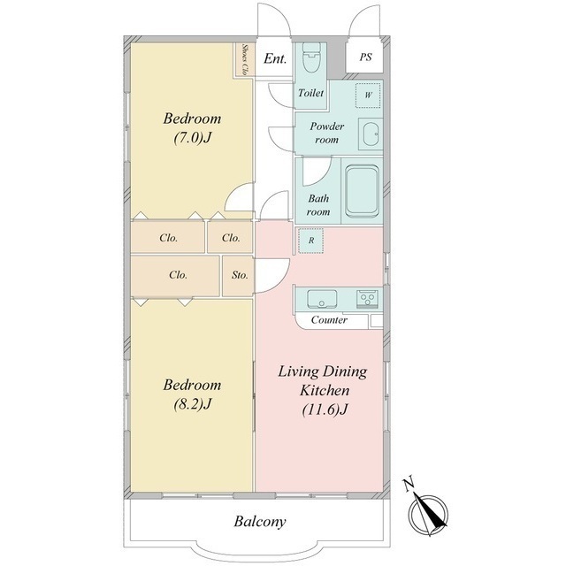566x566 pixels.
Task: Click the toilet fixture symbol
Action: pos(310,57)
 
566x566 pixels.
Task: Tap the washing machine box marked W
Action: pos(368,96)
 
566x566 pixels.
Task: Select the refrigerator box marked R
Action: pos(310,241)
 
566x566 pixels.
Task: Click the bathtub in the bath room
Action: pos(362,190)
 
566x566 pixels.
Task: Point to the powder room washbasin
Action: pos(371,134)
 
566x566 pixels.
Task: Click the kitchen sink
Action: pos(322,299)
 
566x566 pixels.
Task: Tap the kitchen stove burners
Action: pos(368,299)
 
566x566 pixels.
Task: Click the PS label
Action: pos(365,57)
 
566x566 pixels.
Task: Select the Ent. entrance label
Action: pos(275,58)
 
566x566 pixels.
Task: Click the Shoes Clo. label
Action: pos(244,59)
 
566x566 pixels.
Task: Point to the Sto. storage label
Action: pos(240,275)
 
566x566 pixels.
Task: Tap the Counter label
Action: pos(329,320)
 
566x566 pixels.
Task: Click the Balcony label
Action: pos(260,521)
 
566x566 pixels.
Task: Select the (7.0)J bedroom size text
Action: pos(192,138)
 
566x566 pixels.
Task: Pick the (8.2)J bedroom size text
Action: pos(192,404)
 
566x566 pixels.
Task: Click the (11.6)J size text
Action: pos(325,409)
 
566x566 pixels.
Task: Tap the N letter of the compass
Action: pos(409,485)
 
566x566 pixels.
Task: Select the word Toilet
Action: pos(310,93)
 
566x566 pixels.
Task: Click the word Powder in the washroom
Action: pos(326,126)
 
